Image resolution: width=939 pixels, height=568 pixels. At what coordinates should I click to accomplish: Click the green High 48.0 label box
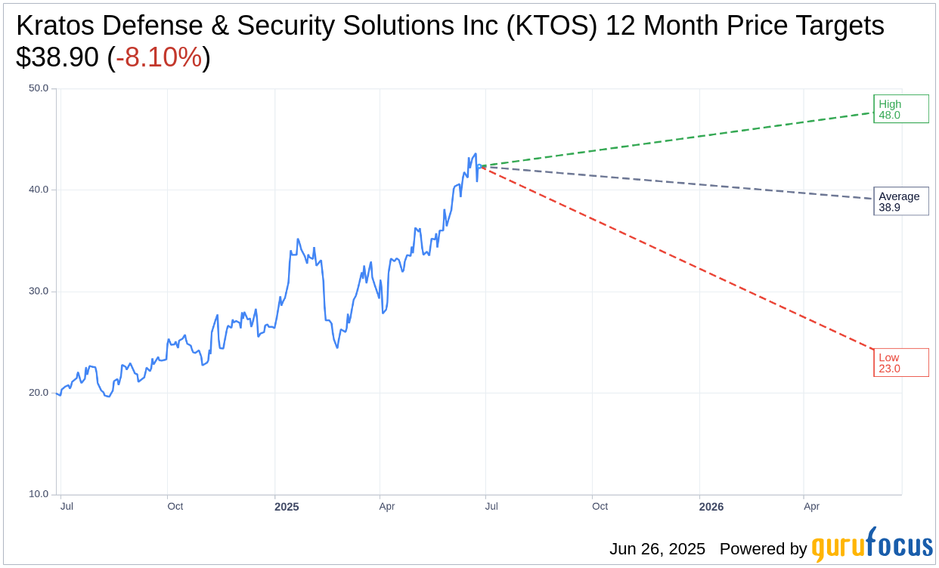pos(900,109)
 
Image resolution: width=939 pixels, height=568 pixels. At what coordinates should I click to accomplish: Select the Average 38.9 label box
pos(900,201)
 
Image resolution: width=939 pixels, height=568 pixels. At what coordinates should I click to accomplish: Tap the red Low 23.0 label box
pos(900,363)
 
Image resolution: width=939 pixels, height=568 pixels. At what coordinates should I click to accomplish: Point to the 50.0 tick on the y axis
pos(39,88)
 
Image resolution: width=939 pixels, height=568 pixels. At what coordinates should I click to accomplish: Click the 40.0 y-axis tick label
pos(39,190)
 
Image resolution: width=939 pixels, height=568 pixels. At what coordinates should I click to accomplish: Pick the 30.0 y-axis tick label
pos(39,291)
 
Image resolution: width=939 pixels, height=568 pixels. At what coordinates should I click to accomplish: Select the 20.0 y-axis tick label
pos(39,393)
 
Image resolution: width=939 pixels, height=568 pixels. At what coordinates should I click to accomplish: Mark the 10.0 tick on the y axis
pos(39,494)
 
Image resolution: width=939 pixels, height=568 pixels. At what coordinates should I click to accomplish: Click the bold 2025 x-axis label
pos(287,507)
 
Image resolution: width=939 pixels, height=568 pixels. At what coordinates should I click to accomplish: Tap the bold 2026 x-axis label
pos(711,507)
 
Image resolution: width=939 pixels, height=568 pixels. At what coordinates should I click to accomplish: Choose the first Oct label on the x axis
pos(175,506)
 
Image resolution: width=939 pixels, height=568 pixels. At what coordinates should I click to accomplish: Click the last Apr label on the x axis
pos(811,506)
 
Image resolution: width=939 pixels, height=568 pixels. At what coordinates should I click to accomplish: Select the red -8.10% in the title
pos(159,57)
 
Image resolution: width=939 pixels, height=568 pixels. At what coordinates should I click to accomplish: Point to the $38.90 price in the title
pos(57,57)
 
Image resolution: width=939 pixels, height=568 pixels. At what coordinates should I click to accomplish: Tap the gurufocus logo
pos(872,545)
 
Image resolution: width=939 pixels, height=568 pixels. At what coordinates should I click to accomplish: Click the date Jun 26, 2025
pos(657,549)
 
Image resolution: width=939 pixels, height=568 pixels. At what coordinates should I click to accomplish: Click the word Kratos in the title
pos(55,26)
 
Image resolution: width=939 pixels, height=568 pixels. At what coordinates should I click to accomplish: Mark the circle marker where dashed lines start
pos(479,166)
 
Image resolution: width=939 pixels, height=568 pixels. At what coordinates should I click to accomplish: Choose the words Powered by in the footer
pos(763,549)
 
